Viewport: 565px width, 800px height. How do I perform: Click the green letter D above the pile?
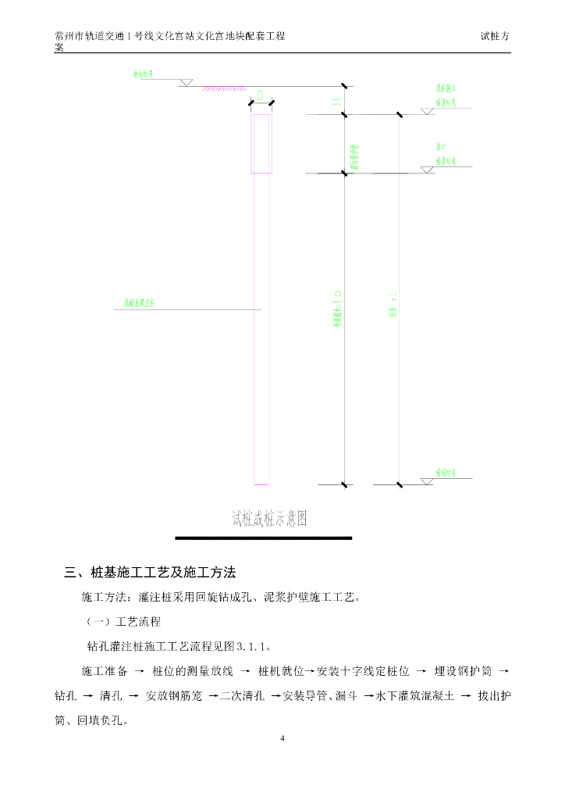(261, 96)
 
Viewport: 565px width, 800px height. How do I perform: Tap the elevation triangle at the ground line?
(187, 82)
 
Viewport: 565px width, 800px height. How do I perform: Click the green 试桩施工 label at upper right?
(446, 88)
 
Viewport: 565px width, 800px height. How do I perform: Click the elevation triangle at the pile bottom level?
(426, 481)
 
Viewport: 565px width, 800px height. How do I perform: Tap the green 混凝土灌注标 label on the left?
(145, 303)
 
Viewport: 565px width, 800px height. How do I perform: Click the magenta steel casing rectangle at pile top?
(261, 143)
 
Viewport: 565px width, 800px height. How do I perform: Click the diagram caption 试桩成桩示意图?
(268, 518)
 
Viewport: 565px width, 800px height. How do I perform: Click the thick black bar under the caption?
(263, 537)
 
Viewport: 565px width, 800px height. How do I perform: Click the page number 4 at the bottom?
(282, 738)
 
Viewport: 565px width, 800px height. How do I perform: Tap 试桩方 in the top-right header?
(496, 37)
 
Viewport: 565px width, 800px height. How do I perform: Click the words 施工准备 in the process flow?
(104, 671)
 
